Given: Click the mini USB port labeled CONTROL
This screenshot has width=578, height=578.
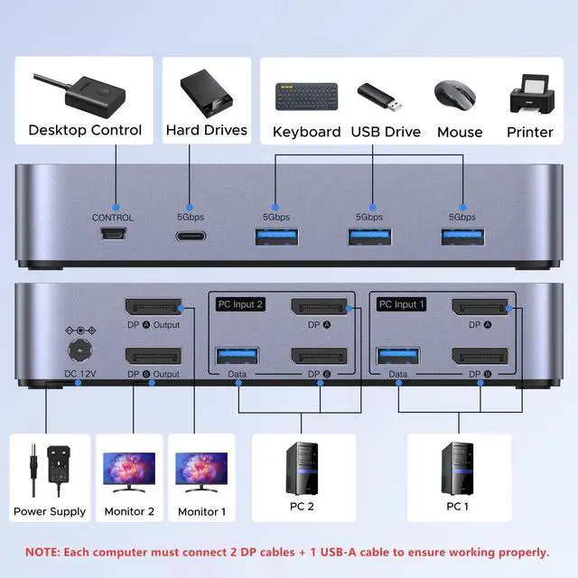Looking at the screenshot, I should click(113, 235).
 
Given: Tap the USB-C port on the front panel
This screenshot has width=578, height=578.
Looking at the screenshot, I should click(191, 236).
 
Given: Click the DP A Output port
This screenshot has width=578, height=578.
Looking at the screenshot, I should click(153, 309).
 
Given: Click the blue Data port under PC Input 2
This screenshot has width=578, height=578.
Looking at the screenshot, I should click(238, 357).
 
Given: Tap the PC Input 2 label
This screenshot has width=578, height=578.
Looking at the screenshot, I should click(239, 304).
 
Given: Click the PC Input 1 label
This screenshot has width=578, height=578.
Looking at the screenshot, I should click(398, 304).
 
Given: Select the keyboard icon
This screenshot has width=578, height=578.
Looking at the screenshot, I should click(306, 96).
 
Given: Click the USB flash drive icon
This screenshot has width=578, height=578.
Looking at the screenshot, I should click(379, 96).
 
